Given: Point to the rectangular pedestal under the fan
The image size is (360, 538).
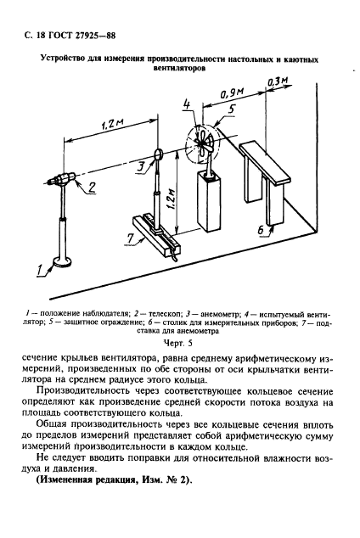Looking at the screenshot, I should [x=206, y=200].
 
